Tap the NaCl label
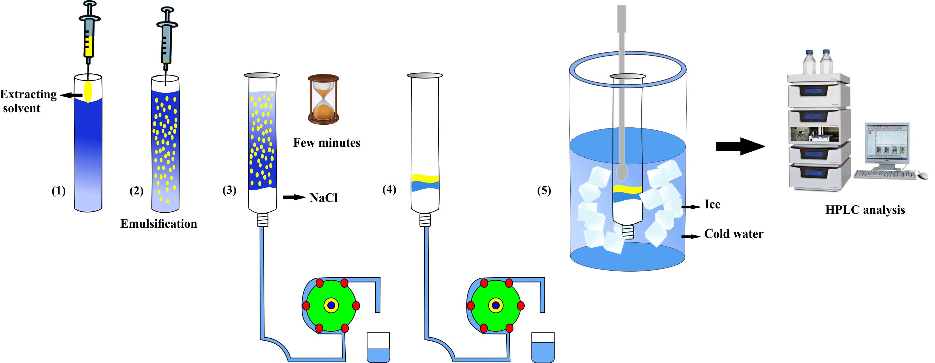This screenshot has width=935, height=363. pos(323,198)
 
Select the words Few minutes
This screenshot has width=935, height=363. pos(327,143)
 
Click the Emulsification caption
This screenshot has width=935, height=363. pos(159,224)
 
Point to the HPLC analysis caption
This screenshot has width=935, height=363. pos(865,210)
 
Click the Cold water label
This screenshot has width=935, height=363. pos(734,234)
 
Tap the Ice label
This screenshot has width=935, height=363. pos(712,205)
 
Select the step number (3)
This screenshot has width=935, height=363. pos(229,190)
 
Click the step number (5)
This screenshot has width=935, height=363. pos(544,190)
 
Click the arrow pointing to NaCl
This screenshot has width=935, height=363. pos(294,197)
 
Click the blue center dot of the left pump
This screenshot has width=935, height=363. pos(331,306)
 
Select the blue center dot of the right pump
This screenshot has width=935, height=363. pos(495,306)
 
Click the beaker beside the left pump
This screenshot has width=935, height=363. pos(378,347)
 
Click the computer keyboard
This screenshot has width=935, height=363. pos(886,175)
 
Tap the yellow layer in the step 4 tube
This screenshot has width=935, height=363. pos(425,178)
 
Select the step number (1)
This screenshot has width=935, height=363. pos(59,191)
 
